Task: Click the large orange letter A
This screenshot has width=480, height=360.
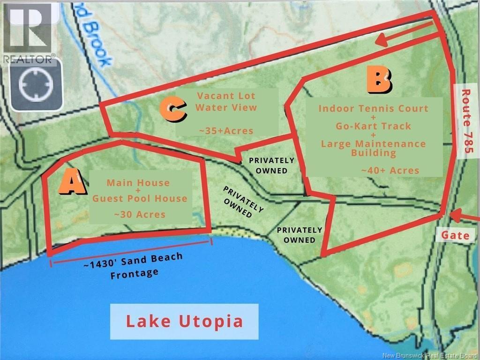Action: tap(72, 183)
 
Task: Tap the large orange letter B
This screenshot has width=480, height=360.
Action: tap(379, 80)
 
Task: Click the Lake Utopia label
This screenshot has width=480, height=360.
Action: tap(184, 322)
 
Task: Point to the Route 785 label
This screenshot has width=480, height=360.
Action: tap(467, 121)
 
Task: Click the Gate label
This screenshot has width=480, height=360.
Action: tap(455, 235)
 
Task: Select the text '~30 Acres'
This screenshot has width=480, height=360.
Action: tap(139, 214)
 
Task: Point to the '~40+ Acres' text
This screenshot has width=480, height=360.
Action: tap(390, 170)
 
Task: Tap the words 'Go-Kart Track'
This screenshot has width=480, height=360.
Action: tap(373, 126)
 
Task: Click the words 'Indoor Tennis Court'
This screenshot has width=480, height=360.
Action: tap(373, 108)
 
